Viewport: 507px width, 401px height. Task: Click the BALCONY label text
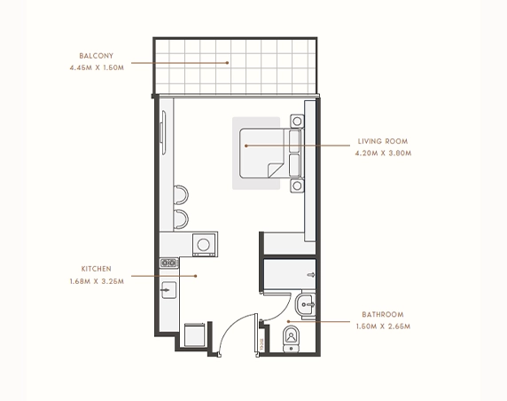pos(97,56)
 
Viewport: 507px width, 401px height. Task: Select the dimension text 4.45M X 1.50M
pos(97,67)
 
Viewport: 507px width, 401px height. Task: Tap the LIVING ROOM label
pos(383,141)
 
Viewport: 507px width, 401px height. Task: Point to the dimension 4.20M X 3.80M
pos(383,153)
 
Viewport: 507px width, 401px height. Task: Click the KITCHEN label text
pos(97,269)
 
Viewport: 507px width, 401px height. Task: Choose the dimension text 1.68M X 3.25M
pos(97,281)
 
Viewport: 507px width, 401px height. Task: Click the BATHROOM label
pos(383,314)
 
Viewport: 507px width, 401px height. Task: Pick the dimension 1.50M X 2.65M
pos(383,326)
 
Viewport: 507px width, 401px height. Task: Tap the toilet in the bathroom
pos(292,339)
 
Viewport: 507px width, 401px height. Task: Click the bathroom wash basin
pos(305,304)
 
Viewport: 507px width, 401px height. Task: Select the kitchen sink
pos(168,290)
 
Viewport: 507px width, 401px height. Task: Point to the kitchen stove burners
pos(169,263)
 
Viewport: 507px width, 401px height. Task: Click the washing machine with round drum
pos(204,245)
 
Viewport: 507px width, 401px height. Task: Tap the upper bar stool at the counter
pos(181,195)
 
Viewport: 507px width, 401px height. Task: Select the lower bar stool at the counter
pos(181,219)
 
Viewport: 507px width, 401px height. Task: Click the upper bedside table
pos(297,122)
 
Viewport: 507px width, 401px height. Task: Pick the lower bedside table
pos(297,185)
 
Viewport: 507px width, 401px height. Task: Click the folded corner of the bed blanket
pos(275,170)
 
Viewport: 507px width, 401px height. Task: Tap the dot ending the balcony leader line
pos(227,63)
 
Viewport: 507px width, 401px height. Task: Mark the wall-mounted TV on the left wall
pos(164,127)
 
